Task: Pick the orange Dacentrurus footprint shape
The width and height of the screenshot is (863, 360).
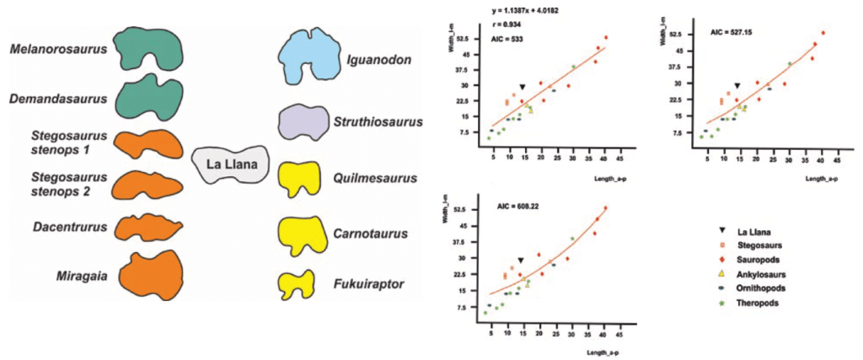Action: point(149,227)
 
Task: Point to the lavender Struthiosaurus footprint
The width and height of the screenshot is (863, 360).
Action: point(303,122)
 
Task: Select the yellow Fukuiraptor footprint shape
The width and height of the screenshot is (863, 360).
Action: point(298,283)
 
